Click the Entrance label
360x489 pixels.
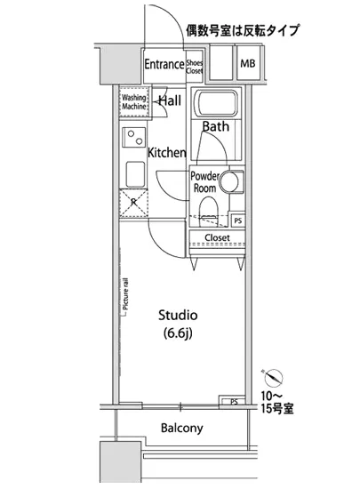click(164, 65)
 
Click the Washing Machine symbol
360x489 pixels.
click(133, 104)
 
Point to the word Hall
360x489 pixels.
click(172, 101)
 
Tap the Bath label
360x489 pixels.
click(215, 127)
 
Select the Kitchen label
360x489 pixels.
click(166, 152)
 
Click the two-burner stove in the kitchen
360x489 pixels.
click(136, 139)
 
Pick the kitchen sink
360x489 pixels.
click(136, 172)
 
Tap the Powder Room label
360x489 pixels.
click(206, 181)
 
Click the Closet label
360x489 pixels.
click(218, 238)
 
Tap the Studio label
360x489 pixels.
click(178, 316)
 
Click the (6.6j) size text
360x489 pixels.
click(178, 334)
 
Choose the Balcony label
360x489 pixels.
click(181, 429)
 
